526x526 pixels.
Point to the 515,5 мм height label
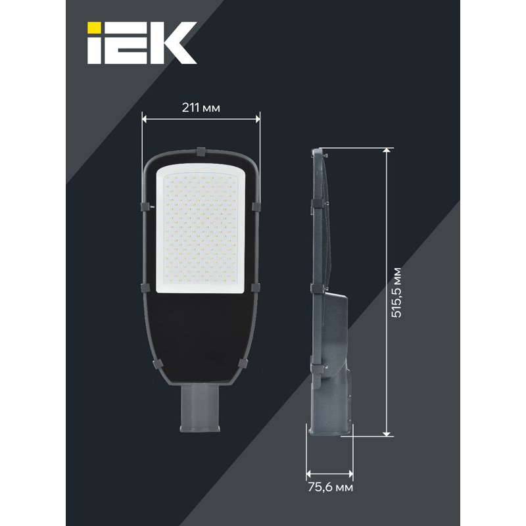point(396,293)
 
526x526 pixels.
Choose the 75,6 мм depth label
point(330,487)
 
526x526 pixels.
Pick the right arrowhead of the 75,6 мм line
point(350,473)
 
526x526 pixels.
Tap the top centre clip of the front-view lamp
point(201,152)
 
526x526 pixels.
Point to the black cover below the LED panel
point(201,335)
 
